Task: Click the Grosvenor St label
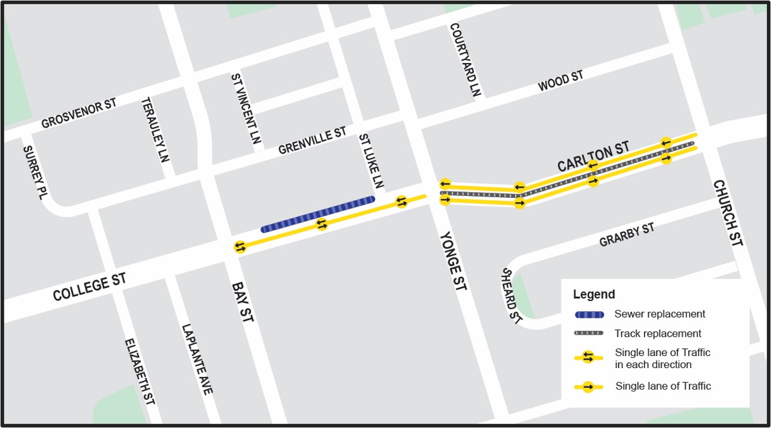coord(78,113)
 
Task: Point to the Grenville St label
coord(312,140)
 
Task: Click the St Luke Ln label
coord(371,161)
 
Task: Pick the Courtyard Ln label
coord(465,60)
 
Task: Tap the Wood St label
coord(560,81)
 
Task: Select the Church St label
coord(727,213)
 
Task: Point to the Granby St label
coord(627,234)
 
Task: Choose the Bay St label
coord(242,303)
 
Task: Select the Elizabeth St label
coord(140,372)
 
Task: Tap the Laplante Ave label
coord(197,360)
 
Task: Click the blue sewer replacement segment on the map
coord(318,214)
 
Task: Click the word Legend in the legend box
coord(594,294)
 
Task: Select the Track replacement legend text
coord(657,333)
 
